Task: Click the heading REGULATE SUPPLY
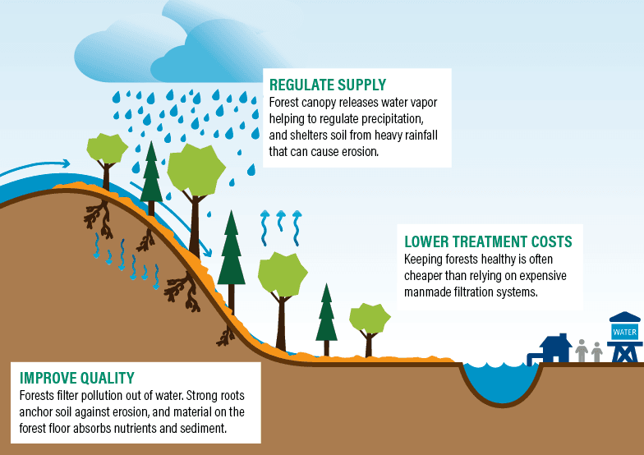click(328, 85)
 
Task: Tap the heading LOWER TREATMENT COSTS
click(488, 241)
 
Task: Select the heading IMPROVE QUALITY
click(76, 378)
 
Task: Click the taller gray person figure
click(582, 352)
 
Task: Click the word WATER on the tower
click(624, 333)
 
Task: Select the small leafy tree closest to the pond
click(369, 321)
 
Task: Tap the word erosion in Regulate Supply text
click(353, 152)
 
